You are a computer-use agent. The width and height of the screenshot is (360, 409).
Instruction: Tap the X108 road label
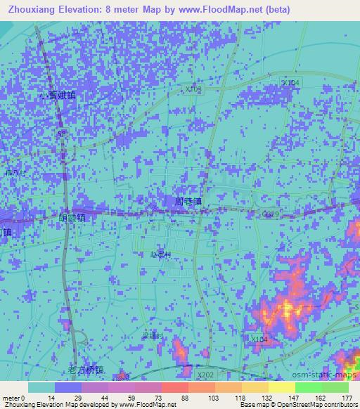(x=194, y=90)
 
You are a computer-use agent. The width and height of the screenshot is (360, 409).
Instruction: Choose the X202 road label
(x=205, y=375)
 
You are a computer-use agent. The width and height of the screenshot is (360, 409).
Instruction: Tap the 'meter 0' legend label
(x=13, y=397)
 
